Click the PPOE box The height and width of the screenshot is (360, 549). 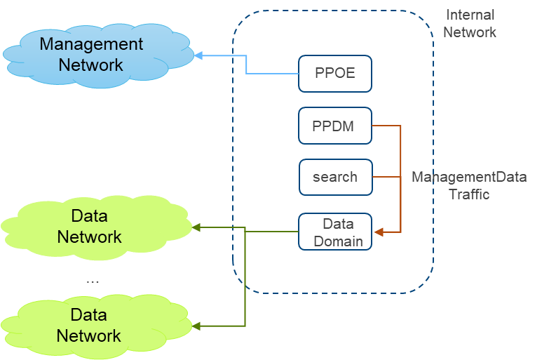[x=335, y=74]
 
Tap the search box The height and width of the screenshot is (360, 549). [x=335, y=178]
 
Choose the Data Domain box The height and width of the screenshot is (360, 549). [x=335, y=232]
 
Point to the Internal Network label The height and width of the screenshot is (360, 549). [x=470, y=23]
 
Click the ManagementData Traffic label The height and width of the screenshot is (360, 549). [x=469, y=185]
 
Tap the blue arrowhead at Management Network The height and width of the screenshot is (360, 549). [x=198, y=55]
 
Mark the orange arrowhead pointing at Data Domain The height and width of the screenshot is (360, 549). [x=378, y=232]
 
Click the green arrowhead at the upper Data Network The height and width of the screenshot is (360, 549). [x=197, y=227]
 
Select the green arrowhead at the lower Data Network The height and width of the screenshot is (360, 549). [x=197, y=326]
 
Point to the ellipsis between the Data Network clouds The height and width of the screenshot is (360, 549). [x=93, y=282]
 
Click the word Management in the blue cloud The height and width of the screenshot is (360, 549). [x=91, y=44]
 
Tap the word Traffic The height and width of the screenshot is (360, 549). [x=469, y=194]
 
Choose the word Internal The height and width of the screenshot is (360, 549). [x=470, y=15]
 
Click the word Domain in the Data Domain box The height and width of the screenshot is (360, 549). [x=338, y=241]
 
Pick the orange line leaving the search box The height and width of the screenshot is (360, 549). [x=386, y=177]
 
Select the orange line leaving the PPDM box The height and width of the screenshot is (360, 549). [x=386, y=126]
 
